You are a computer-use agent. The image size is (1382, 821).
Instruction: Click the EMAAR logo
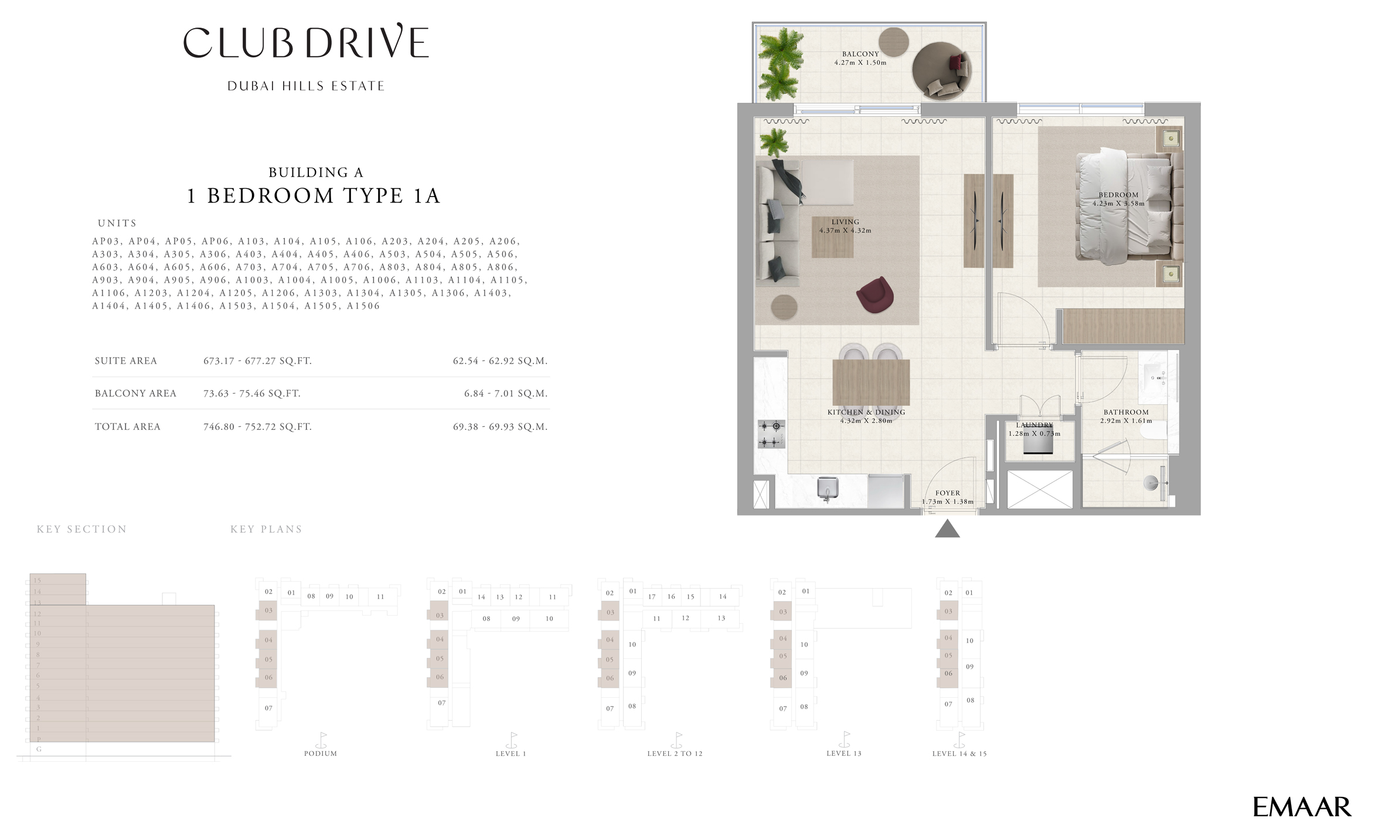tap(1302, 807)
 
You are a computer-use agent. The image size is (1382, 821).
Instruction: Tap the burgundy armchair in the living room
tap(874, 294)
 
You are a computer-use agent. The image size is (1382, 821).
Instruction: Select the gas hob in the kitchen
tap(771, 434)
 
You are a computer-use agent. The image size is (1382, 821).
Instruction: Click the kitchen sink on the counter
tap(828, 488)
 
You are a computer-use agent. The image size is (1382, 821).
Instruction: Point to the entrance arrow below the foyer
tap(947, 529)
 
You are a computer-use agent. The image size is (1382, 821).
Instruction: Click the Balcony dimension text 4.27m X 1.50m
tap(860, 63)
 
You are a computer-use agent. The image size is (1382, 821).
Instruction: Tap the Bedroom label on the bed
tap(1118, 195)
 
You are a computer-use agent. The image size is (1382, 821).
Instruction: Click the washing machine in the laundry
tap(1038, 444)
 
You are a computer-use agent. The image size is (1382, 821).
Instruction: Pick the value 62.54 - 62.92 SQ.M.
tap(499, 361)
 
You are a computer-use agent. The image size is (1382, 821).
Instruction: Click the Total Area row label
tap(127, 427)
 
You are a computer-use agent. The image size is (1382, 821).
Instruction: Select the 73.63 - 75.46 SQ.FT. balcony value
tap(251, 393)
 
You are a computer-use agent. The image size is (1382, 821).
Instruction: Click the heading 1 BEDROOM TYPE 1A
tap(314, 196)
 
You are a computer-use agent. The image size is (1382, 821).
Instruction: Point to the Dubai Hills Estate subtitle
tap(306, 86)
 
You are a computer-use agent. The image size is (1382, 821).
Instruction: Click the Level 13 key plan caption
tap(843, 754)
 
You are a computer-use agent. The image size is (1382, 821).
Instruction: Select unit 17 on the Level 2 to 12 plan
tap(652, 596)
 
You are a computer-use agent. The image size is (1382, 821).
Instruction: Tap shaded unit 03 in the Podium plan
tap(268, 610)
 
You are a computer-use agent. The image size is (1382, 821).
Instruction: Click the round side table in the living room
tap(784, 307)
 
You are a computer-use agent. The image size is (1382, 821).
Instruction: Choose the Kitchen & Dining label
tap(866, 412)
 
